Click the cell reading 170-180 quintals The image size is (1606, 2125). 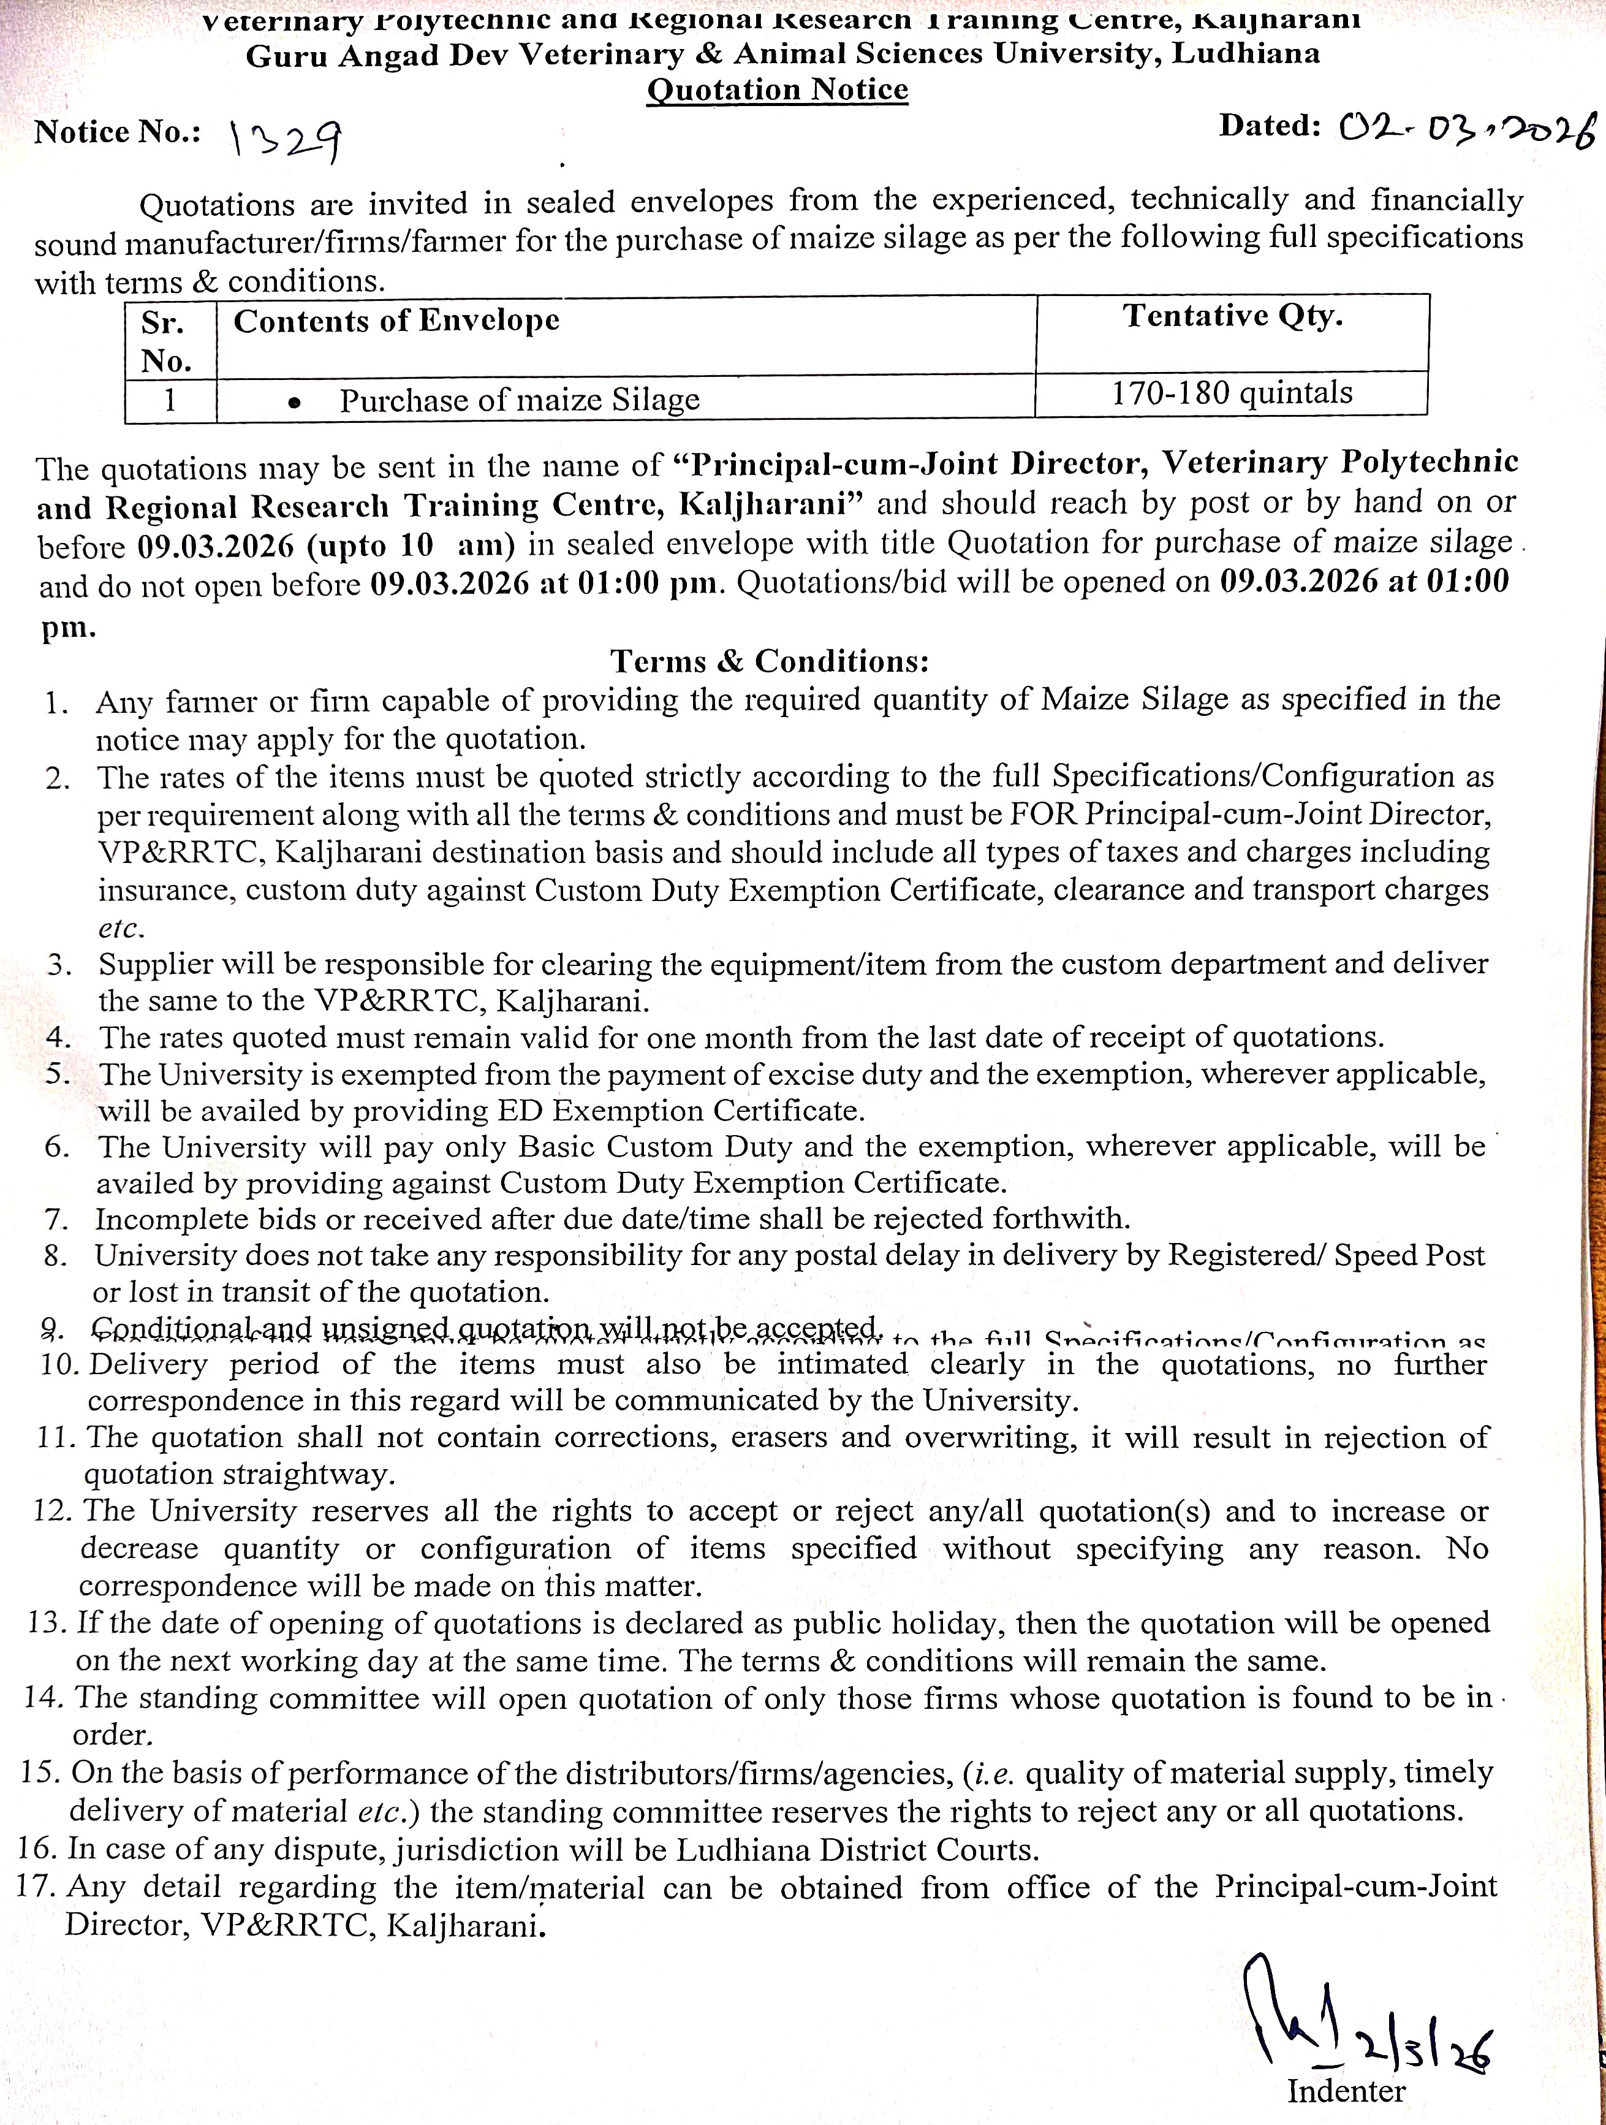[1232, 393]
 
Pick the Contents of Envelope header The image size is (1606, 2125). [396, 320]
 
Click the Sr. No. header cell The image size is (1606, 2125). [167, 341]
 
